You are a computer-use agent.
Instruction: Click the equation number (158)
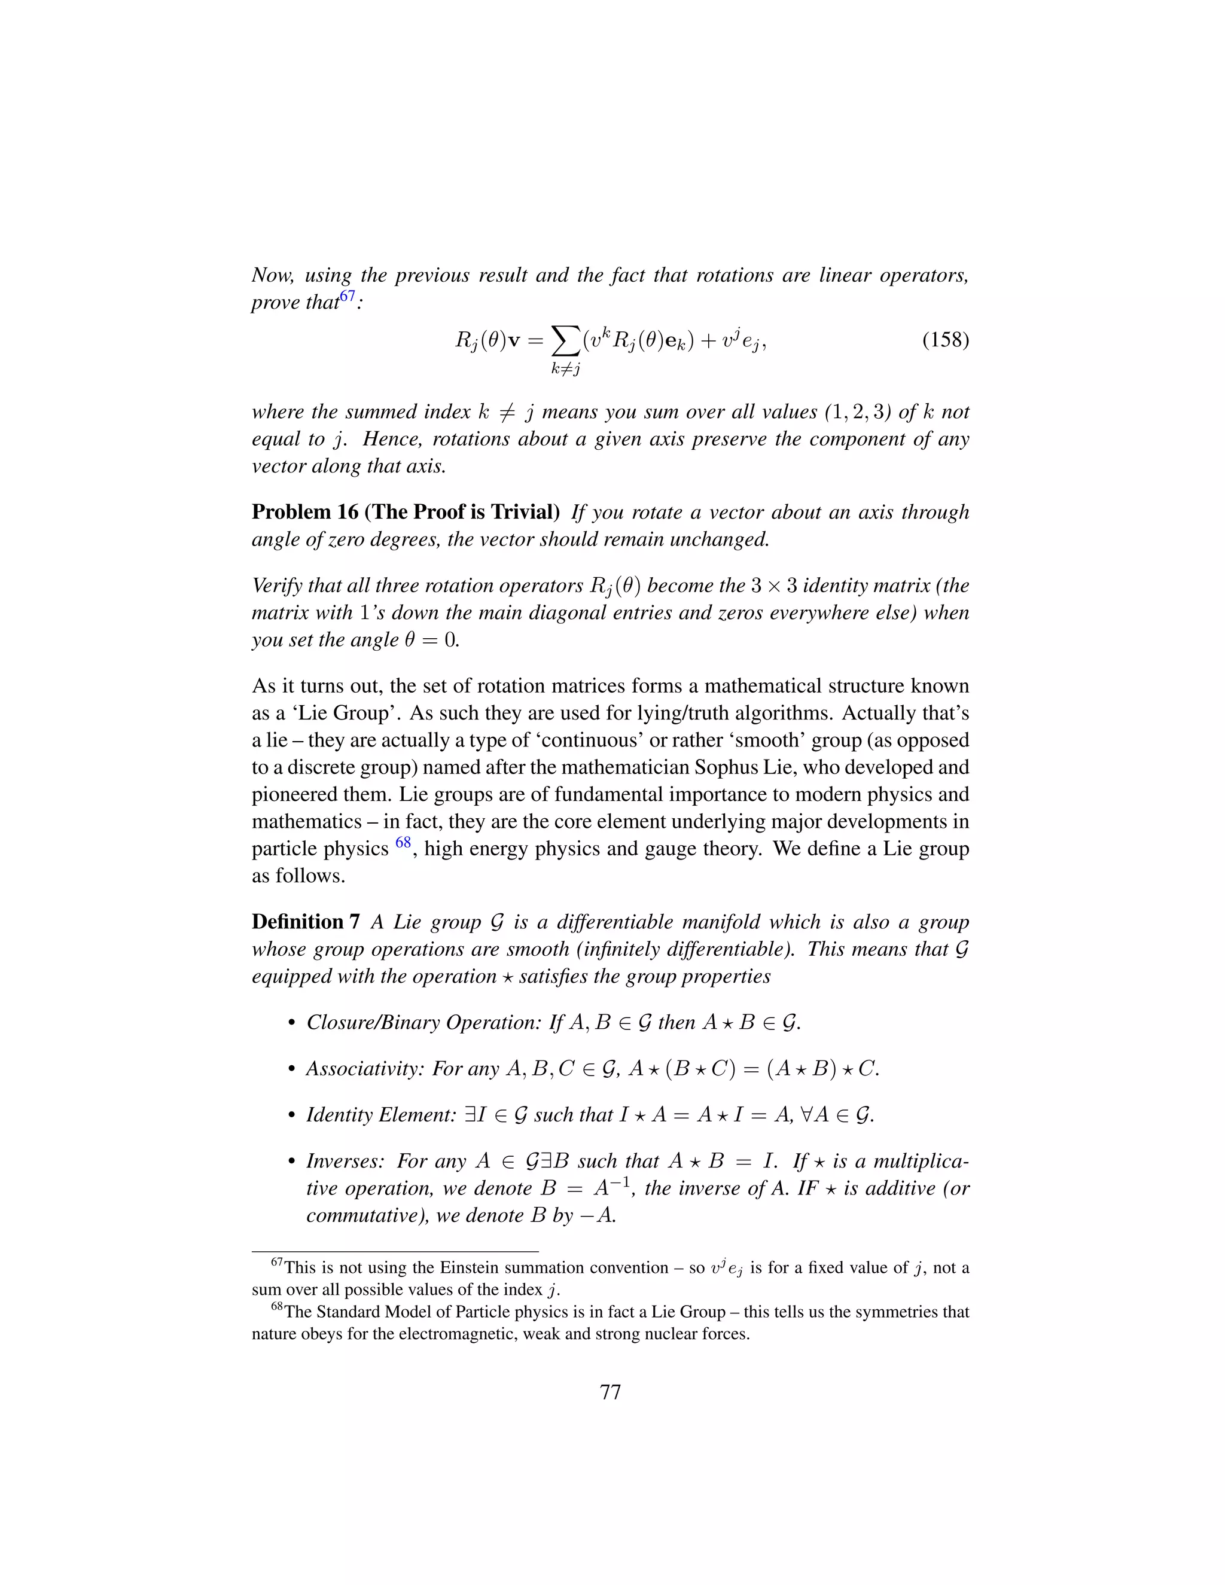[x=945, y=340]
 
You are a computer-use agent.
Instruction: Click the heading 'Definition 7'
[x=306, y=922]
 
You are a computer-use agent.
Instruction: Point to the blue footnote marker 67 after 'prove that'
[x=348, y=296]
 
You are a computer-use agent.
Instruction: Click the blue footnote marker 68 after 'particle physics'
[x=403, y=843]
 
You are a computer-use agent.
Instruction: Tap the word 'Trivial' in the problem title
[x=522, y=513]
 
